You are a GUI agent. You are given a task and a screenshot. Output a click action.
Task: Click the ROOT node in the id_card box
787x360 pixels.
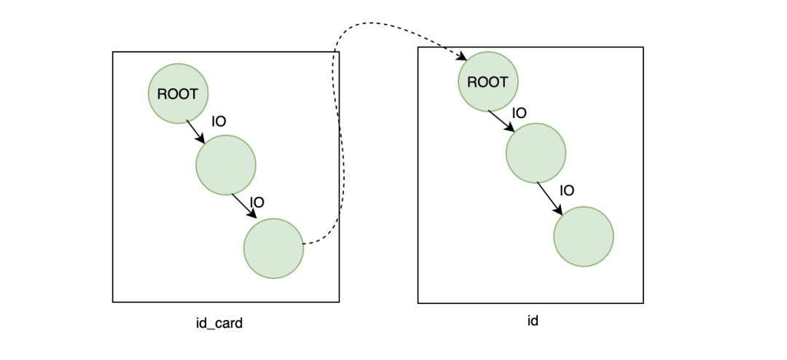click(x=179, y=93)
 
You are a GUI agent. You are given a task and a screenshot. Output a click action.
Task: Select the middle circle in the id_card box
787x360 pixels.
click(x=226, y=165)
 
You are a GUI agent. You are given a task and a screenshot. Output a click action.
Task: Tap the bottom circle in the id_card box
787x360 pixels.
click(x=273, y=248)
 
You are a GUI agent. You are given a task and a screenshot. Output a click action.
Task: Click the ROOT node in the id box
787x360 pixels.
click(x=488, y=82)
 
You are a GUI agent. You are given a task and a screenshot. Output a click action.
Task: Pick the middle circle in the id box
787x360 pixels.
click(x=536, y=152)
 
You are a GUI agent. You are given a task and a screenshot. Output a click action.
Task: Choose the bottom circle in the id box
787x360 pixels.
click(x=584, y=237)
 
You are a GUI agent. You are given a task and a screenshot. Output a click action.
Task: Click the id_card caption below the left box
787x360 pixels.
click(x=219, y=324)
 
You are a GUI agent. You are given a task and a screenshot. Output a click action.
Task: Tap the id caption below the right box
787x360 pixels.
click(x=533, y=321)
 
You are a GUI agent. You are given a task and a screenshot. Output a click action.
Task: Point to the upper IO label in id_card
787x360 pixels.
click(x=219, y=122)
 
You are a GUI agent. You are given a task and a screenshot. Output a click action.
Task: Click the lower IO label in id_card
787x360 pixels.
click(x=257, y=203)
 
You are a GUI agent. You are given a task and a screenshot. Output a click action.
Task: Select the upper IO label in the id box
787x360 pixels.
click(x=519, y=113)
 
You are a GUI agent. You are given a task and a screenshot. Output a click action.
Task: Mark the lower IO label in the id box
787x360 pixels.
click(x=567, y=191)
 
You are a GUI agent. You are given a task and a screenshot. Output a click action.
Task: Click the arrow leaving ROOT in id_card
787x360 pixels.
click(x=196, y=132)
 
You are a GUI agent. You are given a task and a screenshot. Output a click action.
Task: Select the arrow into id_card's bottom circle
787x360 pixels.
click(x=244, y=206)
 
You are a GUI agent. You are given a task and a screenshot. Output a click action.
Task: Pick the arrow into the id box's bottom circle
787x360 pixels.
click(x=550, y=199)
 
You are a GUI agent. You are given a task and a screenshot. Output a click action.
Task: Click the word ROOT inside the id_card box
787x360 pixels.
click(x=178, y=94)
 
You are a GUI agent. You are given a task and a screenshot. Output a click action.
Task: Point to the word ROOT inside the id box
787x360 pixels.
click(x=488, y=82)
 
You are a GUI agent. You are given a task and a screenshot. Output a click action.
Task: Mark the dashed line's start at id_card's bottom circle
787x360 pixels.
click(x=304, y=244)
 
